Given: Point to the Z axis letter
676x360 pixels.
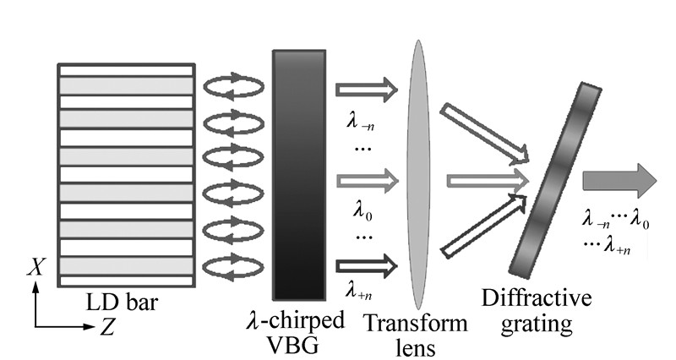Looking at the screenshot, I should point(107,327).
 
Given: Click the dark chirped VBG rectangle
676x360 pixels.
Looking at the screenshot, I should point(298,174).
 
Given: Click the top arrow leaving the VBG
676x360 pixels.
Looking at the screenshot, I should point(366,87).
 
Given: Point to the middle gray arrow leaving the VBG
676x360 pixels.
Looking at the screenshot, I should point(366,179).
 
